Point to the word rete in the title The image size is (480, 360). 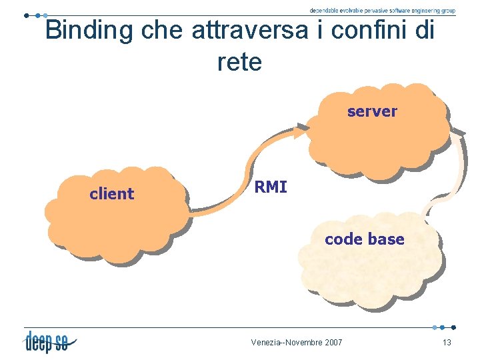coord(239,62)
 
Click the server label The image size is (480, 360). coord(371,111)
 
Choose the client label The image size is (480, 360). coord(111,194)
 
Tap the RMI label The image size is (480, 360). coord(271,187)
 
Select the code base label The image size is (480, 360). coord(364,239)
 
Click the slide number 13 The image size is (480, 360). coord(447,343)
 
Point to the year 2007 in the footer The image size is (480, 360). coord(332,343)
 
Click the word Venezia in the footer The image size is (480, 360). coord(267,343)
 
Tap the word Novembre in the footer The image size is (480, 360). coord(304,343)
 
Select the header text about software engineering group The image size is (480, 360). coord(382,11)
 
